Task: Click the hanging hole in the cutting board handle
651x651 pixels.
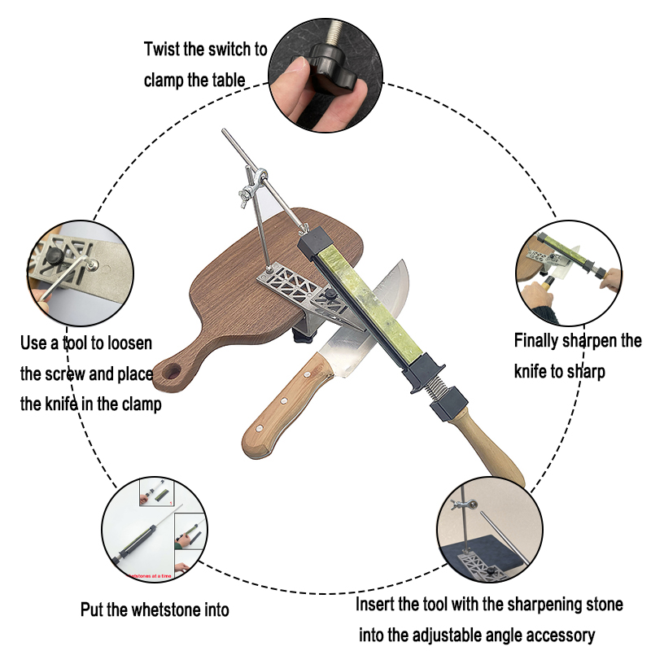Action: click(172, 374)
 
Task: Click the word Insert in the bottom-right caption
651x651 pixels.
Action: click(377, 605)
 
